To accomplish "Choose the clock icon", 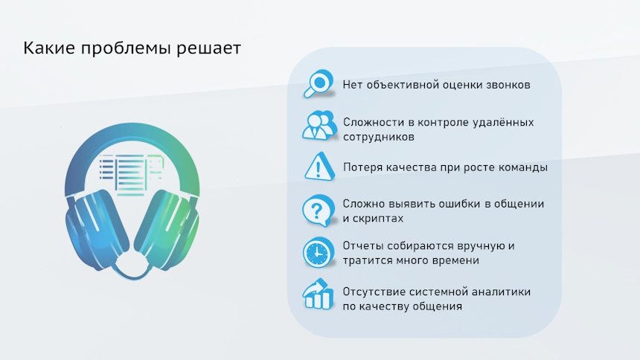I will click(x=319, y=253).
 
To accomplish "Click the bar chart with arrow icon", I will click(x=319, y=295).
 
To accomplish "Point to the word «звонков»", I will click(x=508, y=85).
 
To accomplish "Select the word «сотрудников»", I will click(x=379, y=137).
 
